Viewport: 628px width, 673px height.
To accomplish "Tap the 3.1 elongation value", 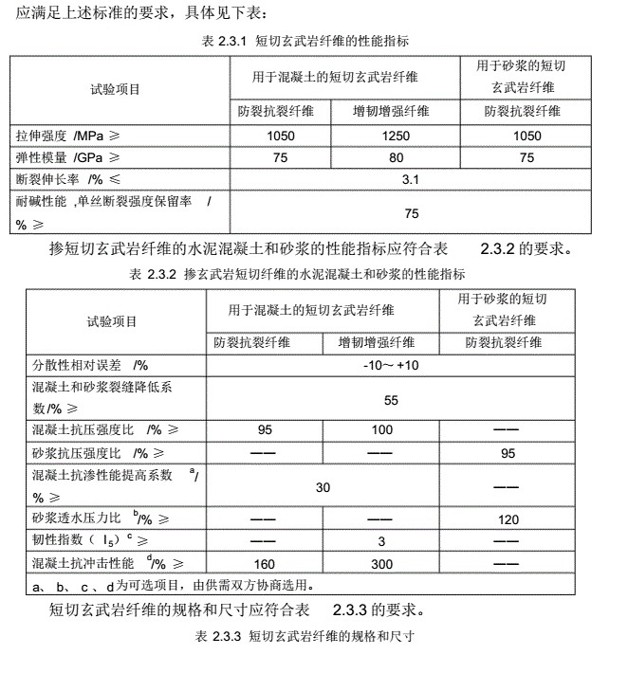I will [x=411, y=178].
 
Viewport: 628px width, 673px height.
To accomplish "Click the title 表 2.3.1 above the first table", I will [x=305, y=42].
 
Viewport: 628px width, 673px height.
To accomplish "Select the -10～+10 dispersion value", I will [x=390, y=365].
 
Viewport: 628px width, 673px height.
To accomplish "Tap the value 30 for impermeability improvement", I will [x=323, y=487].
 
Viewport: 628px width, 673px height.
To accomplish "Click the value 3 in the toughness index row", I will [x=382, y=541].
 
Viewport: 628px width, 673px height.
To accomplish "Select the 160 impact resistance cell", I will [x=265, y=564].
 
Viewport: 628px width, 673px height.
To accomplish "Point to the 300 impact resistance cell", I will [x=382, y=564].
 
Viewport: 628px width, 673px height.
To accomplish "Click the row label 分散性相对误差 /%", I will [x=91, y=365].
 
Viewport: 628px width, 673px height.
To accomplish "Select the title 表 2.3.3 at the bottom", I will [x=304, y=632].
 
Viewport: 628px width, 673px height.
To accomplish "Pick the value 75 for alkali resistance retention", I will [x=411, y=213].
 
